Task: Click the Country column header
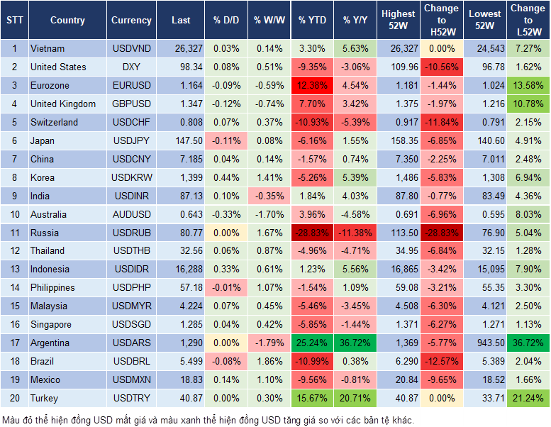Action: [x=67, y=21]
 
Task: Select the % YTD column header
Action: [x=312, y=21]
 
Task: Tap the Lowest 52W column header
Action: [x=486, y=21]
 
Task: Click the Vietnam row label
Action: [x=48, y=49]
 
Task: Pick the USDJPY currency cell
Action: [x=131, y=141]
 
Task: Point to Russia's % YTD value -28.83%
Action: [x=312, y=233]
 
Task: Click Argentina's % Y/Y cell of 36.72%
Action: [x=355, y=343]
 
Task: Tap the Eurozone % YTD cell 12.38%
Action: [x=312, y=86]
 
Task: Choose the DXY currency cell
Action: [x=131, y=67]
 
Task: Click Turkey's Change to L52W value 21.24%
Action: [x=528, y=399]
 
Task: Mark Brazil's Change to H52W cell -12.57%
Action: [x=442, y=362]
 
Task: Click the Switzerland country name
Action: [x=54, y=123]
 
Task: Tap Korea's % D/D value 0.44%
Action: [x=226, y=177]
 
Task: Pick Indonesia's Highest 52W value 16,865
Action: [x=399, y=270]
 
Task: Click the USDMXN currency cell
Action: [x=131, y=380]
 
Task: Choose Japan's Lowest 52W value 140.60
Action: [x=486, y=141]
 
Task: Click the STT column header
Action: [x=14, y=21]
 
